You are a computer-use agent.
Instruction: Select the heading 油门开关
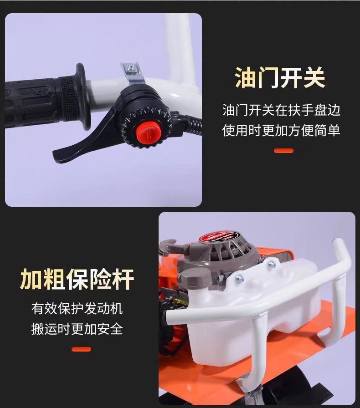pyautogui.click(x=280, y=77)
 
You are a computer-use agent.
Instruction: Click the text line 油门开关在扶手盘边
pyautogui.click(x=281, y=110)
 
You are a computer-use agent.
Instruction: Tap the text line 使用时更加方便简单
pyautogui.click(x=281, y=130)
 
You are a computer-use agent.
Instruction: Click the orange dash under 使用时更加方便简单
pyautogui.click(x=284, y=151)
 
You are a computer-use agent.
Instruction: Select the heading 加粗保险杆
pyautogui.click(x=77, y=279)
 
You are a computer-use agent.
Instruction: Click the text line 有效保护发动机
pyautogui.click(x=77, y=309)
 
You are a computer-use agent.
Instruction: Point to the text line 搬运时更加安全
pyautogui.click(x=77, y=329)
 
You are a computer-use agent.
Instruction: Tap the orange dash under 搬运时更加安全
pyautogui.click(x=81, y=349)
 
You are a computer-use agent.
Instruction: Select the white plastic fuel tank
pyautogui.click(x=250, y=312)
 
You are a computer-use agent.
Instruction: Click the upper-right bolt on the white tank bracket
pyautogui.click(x=272, y=265)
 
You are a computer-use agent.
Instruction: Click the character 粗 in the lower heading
pyautogui.click(x=54, y=279)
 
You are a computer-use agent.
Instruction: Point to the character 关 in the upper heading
pyautogui.click(x=314, y=77)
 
